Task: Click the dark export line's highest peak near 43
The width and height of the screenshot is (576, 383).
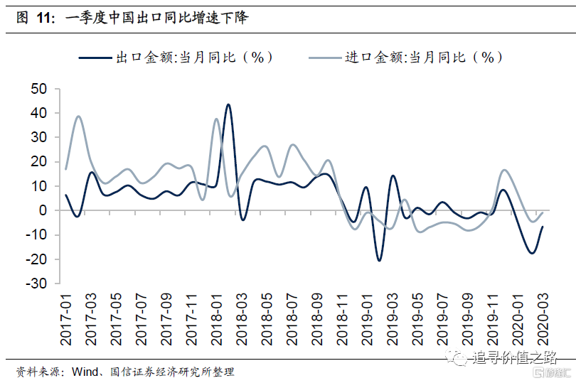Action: (x=228, y=104)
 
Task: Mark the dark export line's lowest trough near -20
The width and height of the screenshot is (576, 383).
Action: (x=379, y=260)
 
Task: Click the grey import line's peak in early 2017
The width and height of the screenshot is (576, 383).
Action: (x=78, y=117)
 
